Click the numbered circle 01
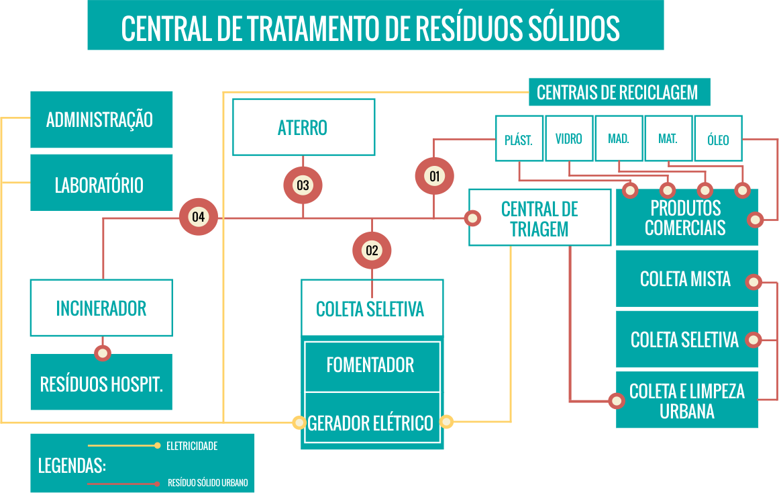pos(434,177)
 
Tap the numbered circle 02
pos(372,251)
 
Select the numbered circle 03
pos(303,185)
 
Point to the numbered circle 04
pos(199,217)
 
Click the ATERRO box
pos(303,128)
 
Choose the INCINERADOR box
pos(101,308)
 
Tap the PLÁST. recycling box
pos(519,139)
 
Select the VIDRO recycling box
pos(569,139)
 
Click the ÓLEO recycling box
pos(718,140)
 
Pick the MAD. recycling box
pos(619,139)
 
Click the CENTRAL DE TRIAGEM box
pos(539,218)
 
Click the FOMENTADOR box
pos(371,365)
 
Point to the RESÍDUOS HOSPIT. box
pos(101,384)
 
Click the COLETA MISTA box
pos(686,279)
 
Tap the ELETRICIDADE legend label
pos(192,446)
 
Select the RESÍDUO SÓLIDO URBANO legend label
pos(207,483)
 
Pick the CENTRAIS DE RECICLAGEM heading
pos(617,93)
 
